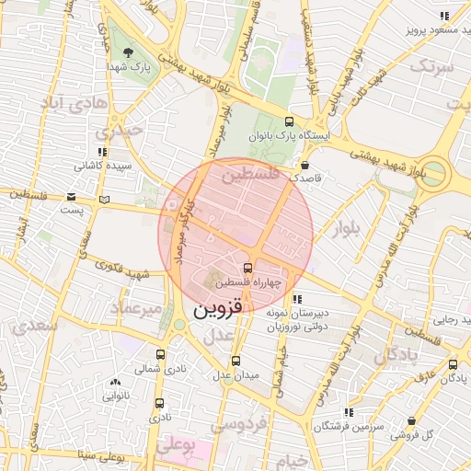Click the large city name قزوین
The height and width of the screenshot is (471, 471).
point(217,311)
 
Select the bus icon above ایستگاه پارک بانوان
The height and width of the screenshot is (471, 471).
point(291,121)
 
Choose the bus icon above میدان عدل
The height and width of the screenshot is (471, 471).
point(235,361)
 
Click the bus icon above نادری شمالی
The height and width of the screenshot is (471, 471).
point(161,354)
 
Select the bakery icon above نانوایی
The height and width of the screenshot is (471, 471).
point(115,382)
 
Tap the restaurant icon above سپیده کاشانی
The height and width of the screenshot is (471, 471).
point(102,152)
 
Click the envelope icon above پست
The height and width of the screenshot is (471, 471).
point(72,196)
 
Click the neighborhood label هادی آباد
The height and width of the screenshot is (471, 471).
point(69,102)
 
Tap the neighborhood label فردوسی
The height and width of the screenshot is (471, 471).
point(238,424)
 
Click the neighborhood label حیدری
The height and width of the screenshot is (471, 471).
point(124,131)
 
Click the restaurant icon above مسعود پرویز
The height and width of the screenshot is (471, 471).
point(444,16)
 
